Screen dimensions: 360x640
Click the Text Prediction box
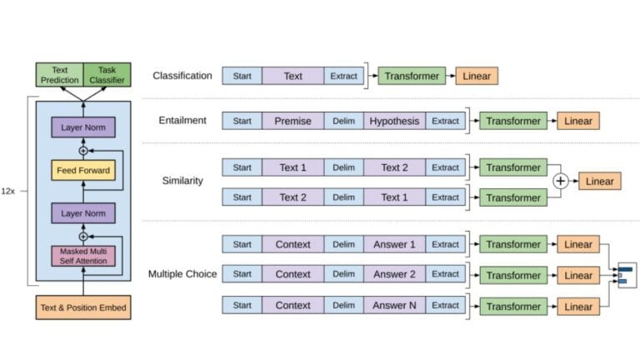tap(59, 75)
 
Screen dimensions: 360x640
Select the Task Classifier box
tap(107, 75)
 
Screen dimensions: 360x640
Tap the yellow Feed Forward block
tap(82, 171)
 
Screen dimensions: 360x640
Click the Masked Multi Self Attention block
tap(82, 256)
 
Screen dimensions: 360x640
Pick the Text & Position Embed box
tap(82, 308)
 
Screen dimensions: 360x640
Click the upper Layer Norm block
tap(82, 127)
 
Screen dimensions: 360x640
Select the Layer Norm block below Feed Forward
tap(82, 213)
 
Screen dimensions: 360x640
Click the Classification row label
tap(182, 76)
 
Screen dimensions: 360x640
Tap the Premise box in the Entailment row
tap(292, 121)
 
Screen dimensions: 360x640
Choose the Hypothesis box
tap(395, 121)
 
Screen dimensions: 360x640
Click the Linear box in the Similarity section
tap(600, 181)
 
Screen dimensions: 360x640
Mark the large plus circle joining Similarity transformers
tap(561, 182)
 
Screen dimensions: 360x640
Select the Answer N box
tap(395, 305)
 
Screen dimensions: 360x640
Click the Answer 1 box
tap(395, 244)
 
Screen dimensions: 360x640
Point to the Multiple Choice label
tap(182, 274)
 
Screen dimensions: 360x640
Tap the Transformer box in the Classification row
tap(412, 76)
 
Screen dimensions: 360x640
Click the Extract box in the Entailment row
tap(445, 121)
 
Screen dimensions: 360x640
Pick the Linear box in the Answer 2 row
tap(578, 275)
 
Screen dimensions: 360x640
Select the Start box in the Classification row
tap(242, 76)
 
